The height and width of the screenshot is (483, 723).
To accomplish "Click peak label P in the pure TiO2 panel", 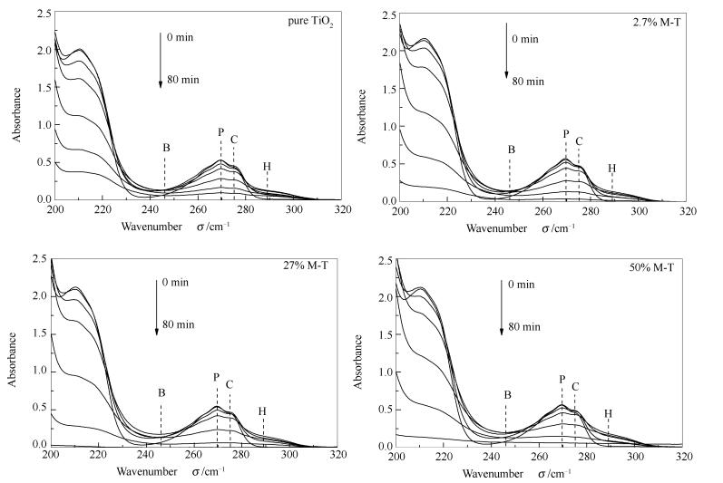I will click(x=220, y=132).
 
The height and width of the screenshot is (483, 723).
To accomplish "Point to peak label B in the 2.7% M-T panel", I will click(x=511, y=150).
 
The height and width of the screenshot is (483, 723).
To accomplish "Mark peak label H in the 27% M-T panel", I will click(x=262, y=411).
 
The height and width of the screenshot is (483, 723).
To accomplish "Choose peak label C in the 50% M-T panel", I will click(x=575, y=387).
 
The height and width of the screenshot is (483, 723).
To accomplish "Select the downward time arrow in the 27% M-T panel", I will click(x=156, y=307).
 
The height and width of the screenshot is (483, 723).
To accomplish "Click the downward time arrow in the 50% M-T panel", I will click(x=503, y=307).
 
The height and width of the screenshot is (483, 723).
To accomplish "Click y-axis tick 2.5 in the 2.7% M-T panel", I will click(x=386, y=15).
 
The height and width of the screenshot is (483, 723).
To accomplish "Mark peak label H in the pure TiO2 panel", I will click(x=267, y=166).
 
